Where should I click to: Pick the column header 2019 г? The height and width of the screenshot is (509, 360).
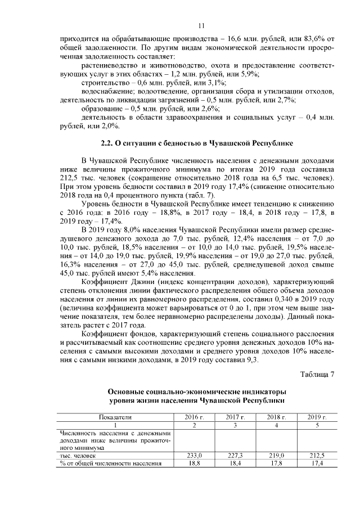(318, 417)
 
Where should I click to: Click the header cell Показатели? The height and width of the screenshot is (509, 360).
(115, 417)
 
